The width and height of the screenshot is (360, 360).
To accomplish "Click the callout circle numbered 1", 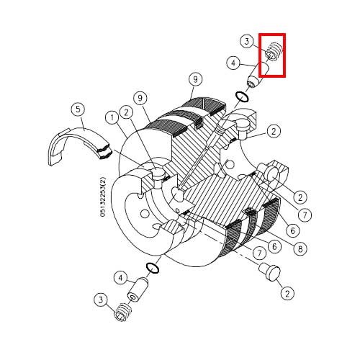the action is click(x=112, y=118).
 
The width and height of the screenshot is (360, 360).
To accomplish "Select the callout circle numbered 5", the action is click(x=78, y=109).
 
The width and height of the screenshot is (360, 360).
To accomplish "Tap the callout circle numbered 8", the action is click(x=300, y=248).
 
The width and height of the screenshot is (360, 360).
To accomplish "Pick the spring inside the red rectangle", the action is click(x=274, y=52).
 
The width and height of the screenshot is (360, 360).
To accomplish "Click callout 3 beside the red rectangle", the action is click(x=247, y=42).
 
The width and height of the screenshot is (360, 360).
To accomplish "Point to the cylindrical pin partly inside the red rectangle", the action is click(x=258, y=75).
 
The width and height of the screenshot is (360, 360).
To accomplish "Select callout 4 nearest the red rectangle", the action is click(x=234, y=63).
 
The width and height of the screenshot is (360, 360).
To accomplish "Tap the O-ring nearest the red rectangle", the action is click(x=242, y=96).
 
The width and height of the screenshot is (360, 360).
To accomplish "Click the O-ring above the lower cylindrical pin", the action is click(x=153, y=268).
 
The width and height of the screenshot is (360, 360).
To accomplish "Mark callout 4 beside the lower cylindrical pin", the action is click(x=121, y=278).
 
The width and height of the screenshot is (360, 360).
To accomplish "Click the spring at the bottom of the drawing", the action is click(x=123, y=312).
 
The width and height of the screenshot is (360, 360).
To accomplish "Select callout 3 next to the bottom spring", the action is click(x=101, y=300).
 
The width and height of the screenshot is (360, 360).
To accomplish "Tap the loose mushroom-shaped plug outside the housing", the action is click(x=269, y=271).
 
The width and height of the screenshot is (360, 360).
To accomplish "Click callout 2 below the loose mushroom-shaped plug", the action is click(x=287, y=293).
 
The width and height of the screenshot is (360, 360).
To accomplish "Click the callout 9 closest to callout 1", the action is click(x=140, y=98).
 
